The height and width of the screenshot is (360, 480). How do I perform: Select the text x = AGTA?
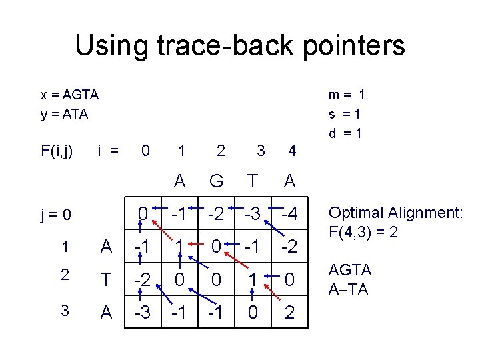(x=69, y=95)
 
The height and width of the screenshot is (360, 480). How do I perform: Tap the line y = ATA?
(x=64, y=114)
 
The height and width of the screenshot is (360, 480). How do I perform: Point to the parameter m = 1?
(x=345, y=95)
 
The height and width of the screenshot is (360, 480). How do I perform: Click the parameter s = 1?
(x=345, y=114)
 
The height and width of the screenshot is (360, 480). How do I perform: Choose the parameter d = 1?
(x=345, y=133)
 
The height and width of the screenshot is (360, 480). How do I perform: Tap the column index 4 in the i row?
(x=292, y=151)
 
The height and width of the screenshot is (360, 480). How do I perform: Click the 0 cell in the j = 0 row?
(x=142, y=215)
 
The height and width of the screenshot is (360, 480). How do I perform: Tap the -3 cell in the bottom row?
(x=142, y=313)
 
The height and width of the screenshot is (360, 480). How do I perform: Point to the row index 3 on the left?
(x=65, y=311)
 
